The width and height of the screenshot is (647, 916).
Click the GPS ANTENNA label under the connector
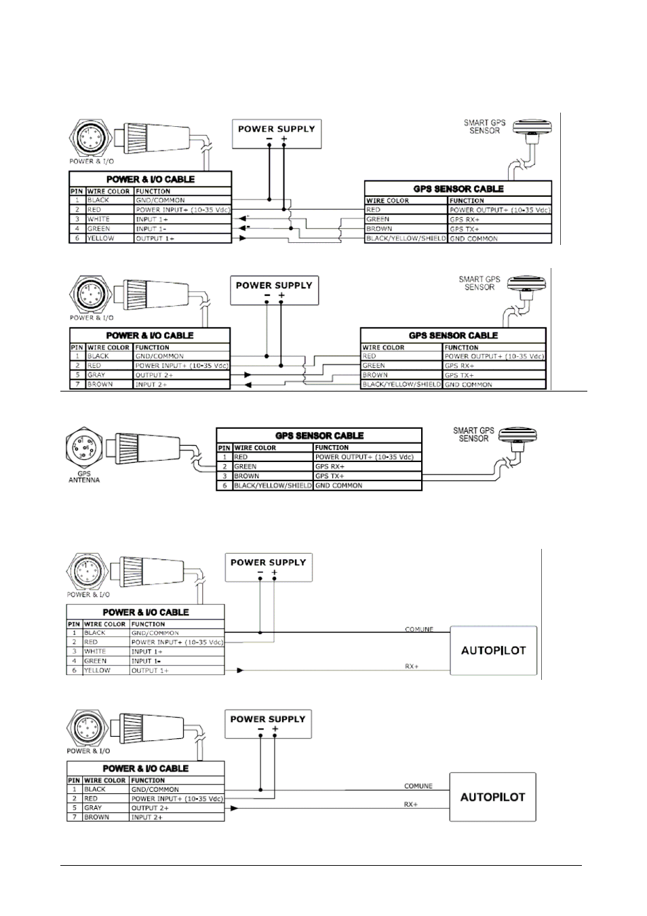[x=84, y=477]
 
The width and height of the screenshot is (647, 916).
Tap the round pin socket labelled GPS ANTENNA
[x=83, y=448]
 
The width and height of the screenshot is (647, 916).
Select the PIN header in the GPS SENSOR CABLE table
[x=224, y=448]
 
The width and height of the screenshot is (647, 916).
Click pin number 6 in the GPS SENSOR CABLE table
[x=224, y=486]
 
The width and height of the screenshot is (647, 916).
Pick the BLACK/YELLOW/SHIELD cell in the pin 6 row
[x=273, y=486]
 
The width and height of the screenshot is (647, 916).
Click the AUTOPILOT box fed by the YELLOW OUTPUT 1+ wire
[x=493, y=651]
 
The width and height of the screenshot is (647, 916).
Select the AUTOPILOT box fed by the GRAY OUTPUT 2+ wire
[x=492, y=797]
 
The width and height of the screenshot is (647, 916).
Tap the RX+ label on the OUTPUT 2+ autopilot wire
[x=411, y=804]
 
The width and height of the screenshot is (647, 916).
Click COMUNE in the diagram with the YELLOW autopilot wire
[x=419, y=630]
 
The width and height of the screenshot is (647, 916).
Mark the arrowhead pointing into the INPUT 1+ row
[x=243, y=218]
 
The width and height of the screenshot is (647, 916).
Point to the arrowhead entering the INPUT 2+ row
[x=248, y=385]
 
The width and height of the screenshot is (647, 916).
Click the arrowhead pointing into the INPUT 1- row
[x=243, y=228]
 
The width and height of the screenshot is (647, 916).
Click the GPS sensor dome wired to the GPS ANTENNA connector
[x=518, y=436]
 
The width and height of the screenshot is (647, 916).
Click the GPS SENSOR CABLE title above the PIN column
[x=319, y=436]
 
